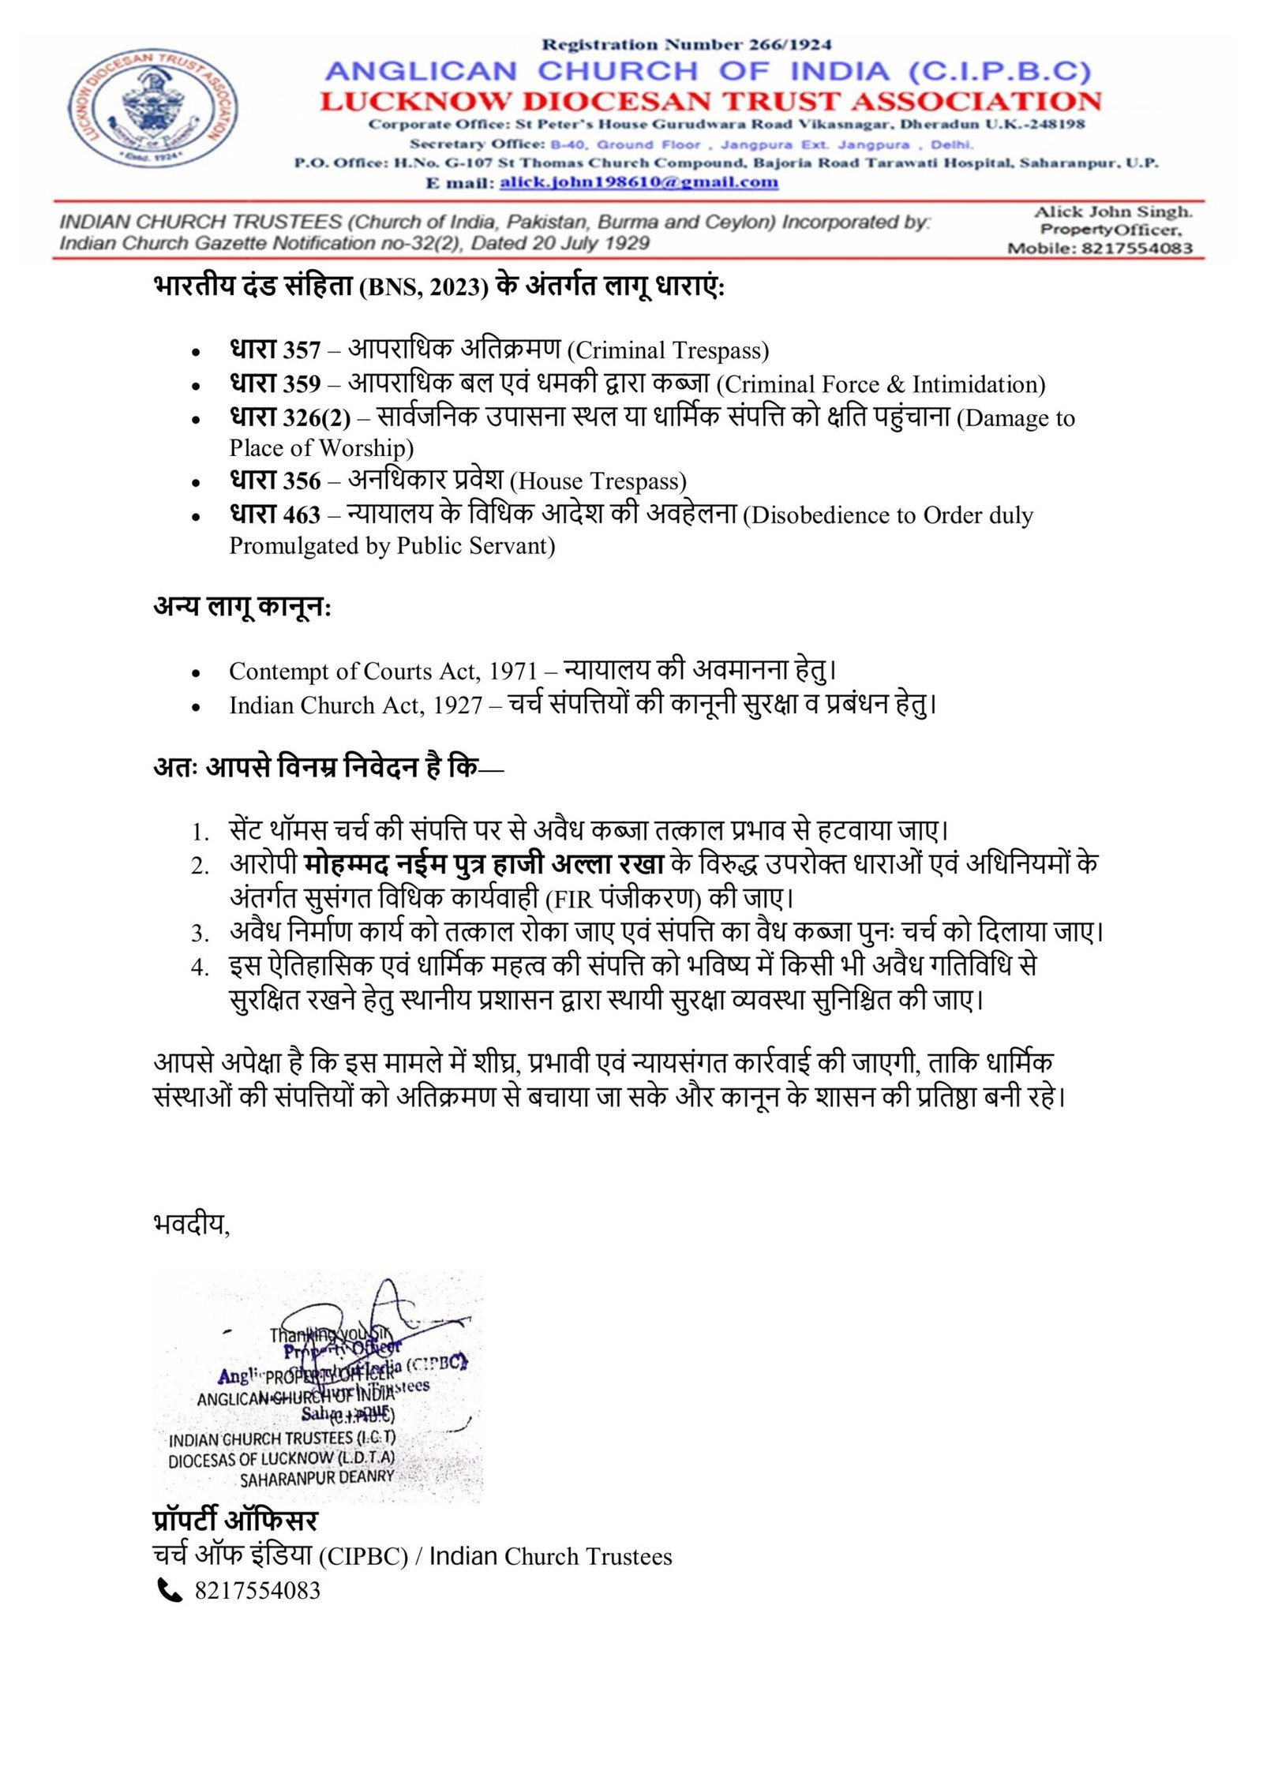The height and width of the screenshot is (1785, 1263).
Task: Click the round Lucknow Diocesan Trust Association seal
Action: (153, 109)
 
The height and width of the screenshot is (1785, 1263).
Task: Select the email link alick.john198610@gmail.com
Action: (639, 182)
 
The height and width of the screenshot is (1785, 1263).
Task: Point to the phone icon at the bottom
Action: (170, 1589)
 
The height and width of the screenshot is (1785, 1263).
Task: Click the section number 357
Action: (302, 350)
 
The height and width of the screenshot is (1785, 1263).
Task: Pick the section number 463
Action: (302, 515)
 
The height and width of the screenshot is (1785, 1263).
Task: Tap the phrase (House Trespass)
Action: (598, 481)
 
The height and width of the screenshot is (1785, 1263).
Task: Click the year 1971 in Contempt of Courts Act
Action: (513, 671)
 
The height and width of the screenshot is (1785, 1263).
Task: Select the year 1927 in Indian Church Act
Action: (458, 705)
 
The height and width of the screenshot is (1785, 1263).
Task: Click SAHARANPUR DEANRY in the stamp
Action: (317, 1478)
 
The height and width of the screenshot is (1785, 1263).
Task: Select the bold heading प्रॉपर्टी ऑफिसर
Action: (235, 1521)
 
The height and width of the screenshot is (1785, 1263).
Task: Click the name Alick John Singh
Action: (1113, 211)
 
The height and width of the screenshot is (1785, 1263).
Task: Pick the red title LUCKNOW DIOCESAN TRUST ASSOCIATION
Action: (710, 101)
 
